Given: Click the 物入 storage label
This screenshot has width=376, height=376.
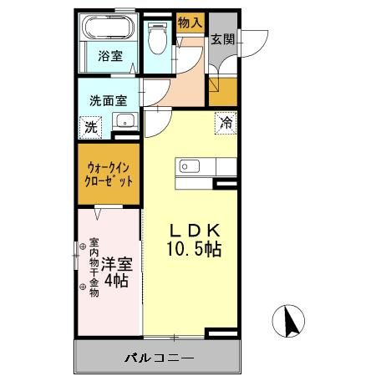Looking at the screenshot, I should tap(189, 23).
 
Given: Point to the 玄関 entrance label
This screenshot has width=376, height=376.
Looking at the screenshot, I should tap(222, 39).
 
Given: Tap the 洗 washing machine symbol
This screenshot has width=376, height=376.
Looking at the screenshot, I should tap(90, 128).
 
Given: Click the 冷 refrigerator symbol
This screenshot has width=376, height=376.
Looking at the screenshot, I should tap(226, 123).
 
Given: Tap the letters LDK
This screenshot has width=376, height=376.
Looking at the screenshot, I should tap(196, 230).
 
